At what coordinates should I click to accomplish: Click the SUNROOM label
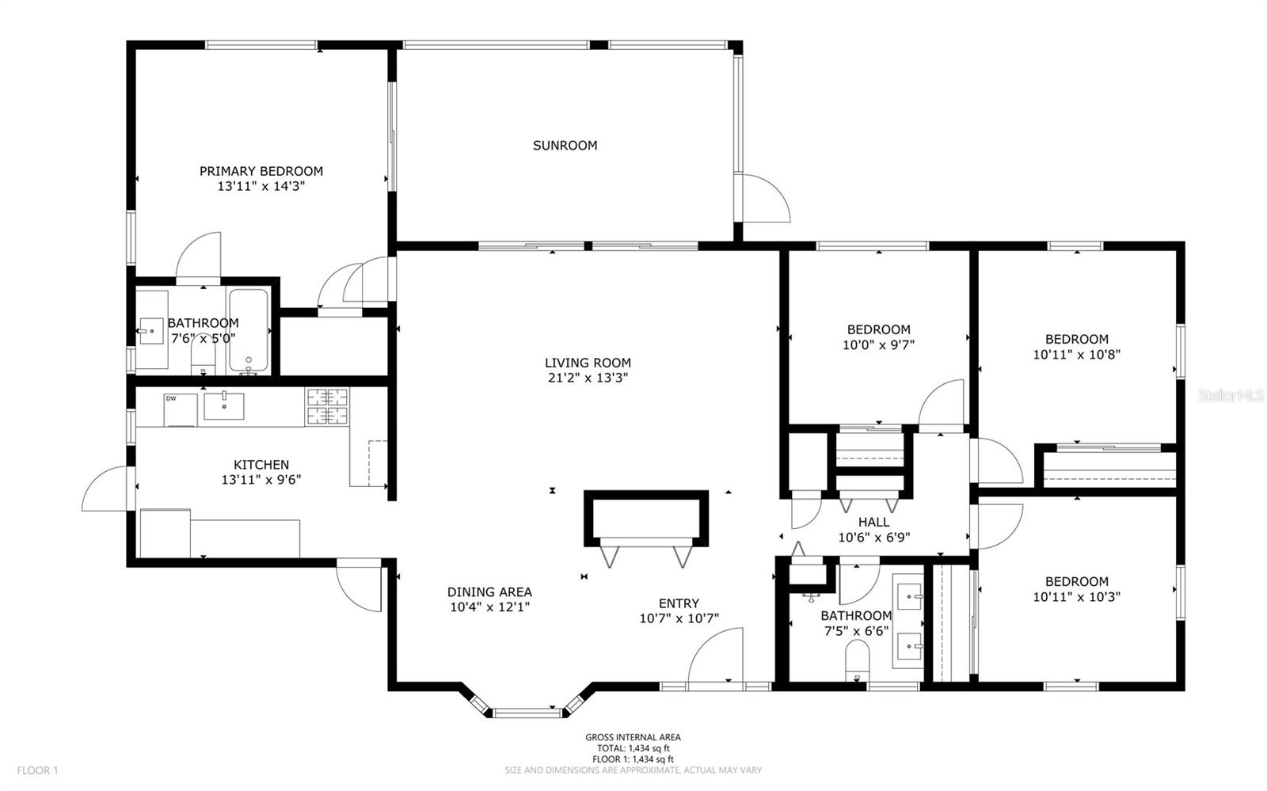click(x=565, y=145)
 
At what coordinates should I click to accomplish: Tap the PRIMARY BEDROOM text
click(x=261, y=171)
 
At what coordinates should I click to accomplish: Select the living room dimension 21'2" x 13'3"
click(x=588, y=378)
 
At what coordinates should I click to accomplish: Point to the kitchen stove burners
click(x=326, y=407)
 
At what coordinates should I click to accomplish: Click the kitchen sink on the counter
click(x=224, y=405)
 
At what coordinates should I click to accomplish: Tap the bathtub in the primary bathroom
click(x=249, y=331)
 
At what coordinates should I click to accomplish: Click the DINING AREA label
click(x=489, y=591)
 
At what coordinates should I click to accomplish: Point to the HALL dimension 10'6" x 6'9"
click(x=873, y=537)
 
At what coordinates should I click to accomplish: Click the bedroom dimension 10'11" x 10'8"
click(x=1076, y=355)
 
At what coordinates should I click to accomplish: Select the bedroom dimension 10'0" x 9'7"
click(x=878, y=345)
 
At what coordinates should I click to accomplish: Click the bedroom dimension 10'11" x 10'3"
click(x=1076, y=597)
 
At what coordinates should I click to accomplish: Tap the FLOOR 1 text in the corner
click(x=38, y=770)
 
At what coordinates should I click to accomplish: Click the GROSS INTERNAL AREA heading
click(x=633, y=737)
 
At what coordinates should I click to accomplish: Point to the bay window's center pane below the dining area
click(x=526, y=712)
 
